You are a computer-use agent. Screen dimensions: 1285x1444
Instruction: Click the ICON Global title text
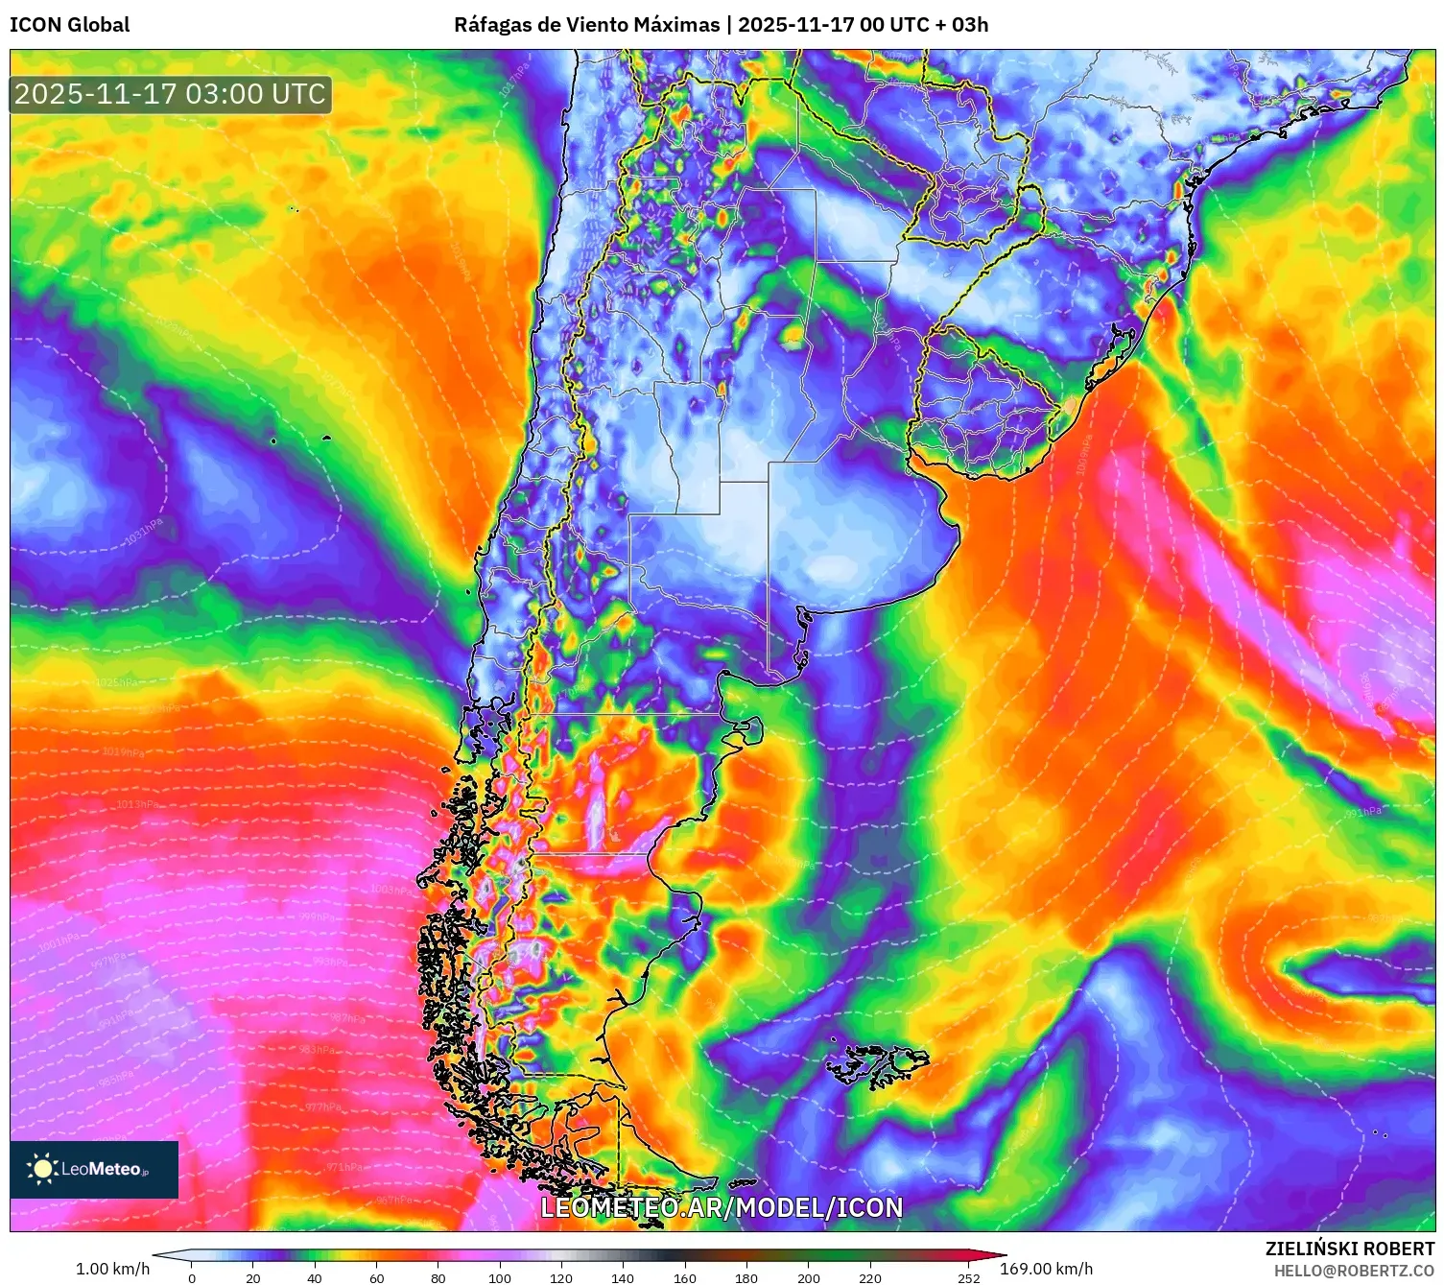[70, 24]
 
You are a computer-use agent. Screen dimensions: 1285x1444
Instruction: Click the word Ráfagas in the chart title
[492, 24]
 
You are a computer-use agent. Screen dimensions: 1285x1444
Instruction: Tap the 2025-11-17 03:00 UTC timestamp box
[171, 94]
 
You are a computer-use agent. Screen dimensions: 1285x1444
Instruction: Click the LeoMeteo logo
[94, 1169]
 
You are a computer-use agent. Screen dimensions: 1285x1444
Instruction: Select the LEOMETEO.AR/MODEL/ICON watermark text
[722, 1207]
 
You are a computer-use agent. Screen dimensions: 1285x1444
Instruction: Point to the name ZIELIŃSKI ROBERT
[1350, 1249]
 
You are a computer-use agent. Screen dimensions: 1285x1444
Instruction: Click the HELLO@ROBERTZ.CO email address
[1354, 1271]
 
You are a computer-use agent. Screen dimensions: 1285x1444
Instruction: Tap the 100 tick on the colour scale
[500, 1277]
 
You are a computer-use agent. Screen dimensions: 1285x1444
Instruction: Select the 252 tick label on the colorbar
[968, 1277]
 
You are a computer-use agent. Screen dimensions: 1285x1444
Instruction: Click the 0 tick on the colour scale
[192, 1277]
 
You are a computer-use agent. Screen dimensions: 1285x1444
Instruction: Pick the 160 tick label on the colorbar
[684, 1277]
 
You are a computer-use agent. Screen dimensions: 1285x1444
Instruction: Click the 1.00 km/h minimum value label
[112, 1269]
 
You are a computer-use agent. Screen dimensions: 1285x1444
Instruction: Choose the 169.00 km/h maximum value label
[1046, 1269]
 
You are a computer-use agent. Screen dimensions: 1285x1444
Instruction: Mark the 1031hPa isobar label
[144, 533]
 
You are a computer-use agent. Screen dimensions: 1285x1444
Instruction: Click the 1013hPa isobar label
[137, 804]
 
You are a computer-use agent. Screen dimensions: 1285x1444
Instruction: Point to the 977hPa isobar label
[323, 1107]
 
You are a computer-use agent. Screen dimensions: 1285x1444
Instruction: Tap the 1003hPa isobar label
[391, 890]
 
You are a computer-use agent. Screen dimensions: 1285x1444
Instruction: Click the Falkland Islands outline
[878, 1063]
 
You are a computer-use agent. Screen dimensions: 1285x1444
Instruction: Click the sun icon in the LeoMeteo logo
[42, 1168]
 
